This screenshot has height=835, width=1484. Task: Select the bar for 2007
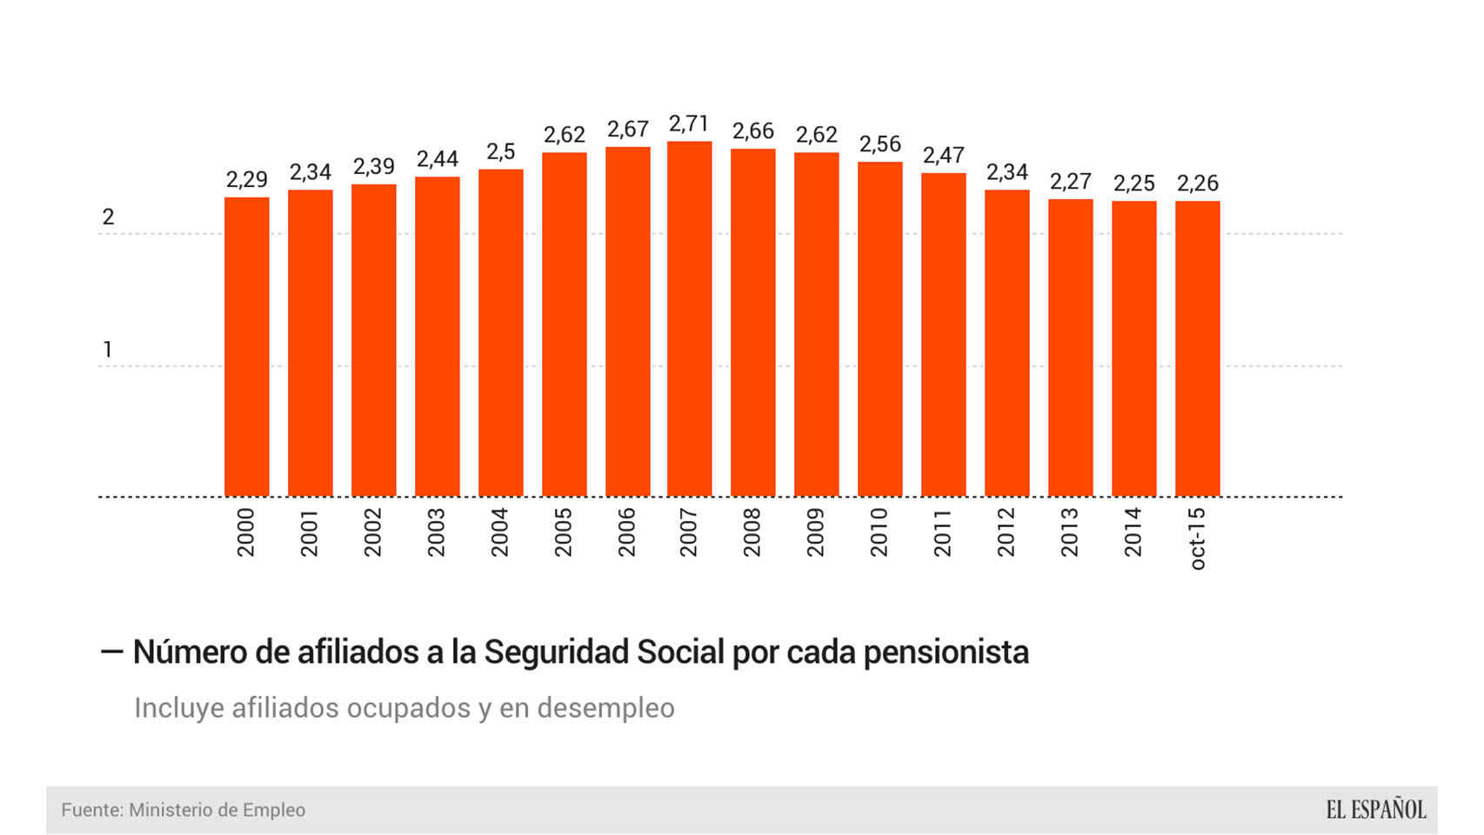(689, 319)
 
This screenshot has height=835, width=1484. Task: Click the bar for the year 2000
(247, 347)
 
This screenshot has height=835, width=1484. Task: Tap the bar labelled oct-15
(1197, 349)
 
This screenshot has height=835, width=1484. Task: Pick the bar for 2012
(1006, 344)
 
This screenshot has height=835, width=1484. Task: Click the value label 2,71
(689, 124)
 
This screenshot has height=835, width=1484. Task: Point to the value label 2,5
(501, 152)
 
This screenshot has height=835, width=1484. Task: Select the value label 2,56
(880, 144)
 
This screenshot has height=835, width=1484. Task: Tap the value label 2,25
(1134, 184)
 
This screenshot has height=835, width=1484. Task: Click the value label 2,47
(944, 156)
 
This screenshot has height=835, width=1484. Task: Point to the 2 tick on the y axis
(108, 217)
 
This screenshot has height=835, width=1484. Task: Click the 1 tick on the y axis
(108, 350)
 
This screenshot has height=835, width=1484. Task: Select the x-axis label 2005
(564, 532)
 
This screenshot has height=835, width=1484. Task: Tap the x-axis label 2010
(879, 532)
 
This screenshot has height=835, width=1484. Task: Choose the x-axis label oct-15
(1198, 538)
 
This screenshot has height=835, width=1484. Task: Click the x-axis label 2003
(437, 532)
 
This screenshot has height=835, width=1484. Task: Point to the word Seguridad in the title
(557, 652)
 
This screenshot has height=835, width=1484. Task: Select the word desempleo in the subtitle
(605, 708)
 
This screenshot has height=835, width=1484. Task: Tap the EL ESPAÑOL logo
(1376, 810)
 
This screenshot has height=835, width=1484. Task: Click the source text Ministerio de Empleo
(217, 810)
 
